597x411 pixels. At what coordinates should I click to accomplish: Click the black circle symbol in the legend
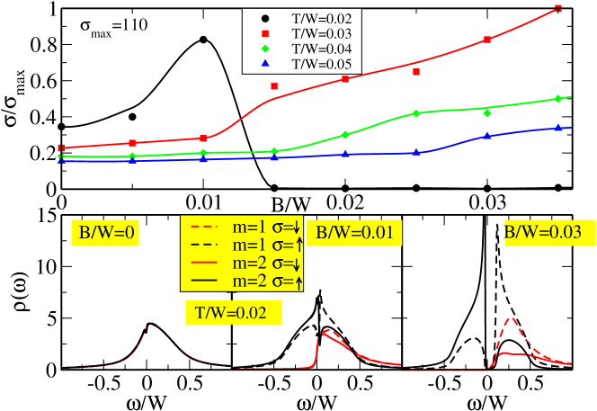pyautogui.click(x=264, y=17)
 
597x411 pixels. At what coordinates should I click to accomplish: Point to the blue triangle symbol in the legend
pyautogui.click(x=264, y=64)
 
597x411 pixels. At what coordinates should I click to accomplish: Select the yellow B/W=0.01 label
pyautogui.click(x=354, y=233)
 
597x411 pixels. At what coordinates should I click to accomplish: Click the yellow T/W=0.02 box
pyautogui.click(x=233, y=312)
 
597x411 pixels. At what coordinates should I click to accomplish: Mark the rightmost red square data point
pyautogui.click(x=558, y=8)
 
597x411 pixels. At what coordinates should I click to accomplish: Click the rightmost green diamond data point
pyautogui.click(x=558, y=98)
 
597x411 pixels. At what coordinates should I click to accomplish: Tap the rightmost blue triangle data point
pyautogui.click(x=558, y=128)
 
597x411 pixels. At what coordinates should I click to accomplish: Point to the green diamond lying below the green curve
pyautogui.click(x=487, y=113)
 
